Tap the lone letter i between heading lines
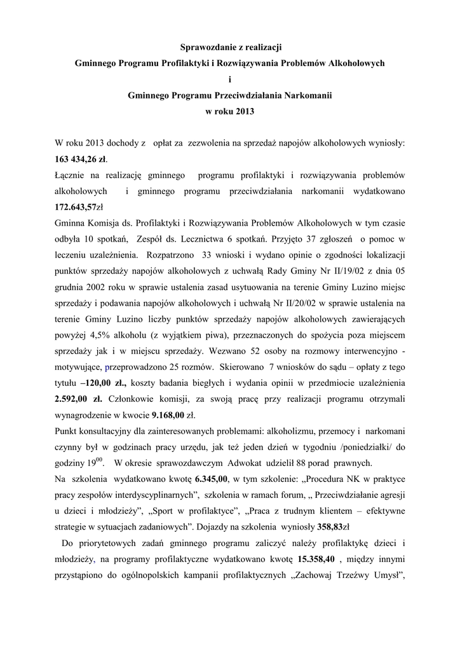pos(229,79)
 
